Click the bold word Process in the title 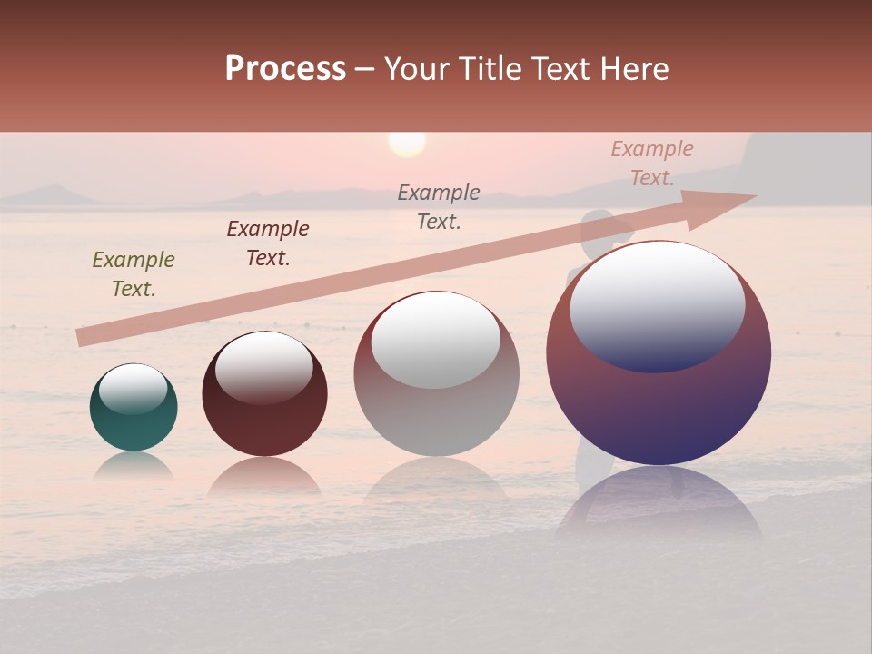tap(285, 69)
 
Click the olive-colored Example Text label tap(134, 274)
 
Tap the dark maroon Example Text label tap(268, 243)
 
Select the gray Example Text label tap(439, 206)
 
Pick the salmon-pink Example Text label tap(652, 163)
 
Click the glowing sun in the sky tap(407, 144)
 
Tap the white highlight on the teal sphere tap(134, 389)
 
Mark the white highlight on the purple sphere tap(658, 307)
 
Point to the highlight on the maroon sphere tap(264, 367)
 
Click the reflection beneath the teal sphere tap(134, 466)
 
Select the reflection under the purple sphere tap(659, 504)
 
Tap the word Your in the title tap(415, 69)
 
